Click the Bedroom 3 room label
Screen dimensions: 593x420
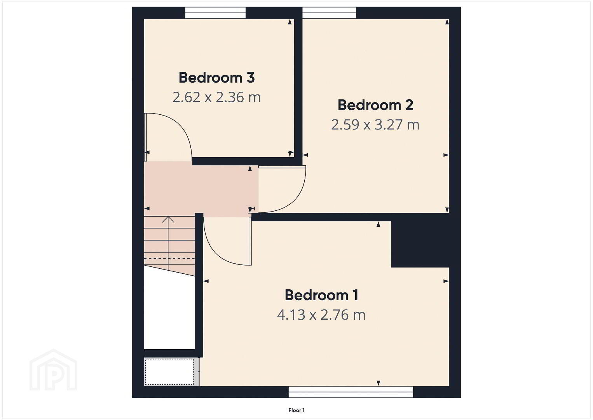(216, 78)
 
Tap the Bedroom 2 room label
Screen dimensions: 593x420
(375, 105)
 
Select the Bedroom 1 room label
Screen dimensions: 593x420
(322, 295)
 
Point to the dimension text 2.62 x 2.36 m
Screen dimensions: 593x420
(216, 97)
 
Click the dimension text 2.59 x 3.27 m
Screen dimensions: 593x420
(375, 124)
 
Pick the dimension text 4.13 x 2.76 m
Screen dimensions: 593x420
(321, 315)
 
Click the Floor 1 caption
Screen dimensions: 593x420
(296, 410)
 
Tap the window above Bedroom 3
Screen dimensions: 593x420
(215, 13)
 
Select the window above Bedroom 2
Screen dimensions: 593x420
(329, 13)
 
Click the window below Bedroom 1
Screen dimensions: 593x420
(351, 392)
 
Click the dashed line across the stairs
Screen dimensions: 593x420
(169, 258)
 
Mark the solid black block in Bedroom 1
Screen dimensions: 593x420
(420, 244)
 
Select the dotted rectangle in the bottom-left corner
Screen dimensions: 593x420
(169, 371)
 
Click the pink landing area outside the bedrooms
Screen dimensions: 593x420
(201, 189)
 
